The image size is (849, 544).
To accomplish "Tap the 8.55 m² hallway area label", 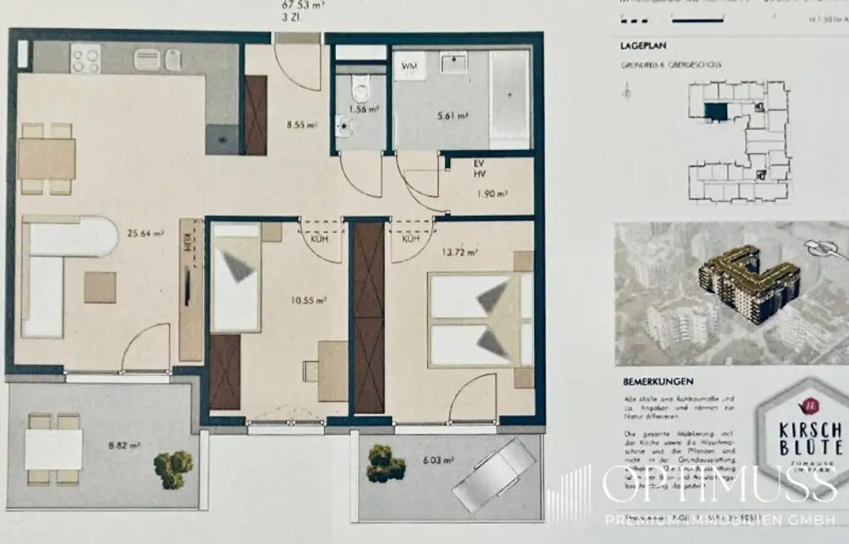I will (x=301, y=126).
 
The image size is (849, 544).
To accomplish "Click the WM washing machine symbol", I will (x=410, y=65).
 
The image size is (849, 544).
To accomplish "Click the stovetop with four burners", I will (x=85, y=58).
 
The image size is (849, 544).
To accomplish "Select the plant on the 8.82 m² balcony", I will (x=173, y=469).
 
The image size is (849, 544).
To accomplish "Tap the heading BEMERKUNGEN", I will (x=658, y=383).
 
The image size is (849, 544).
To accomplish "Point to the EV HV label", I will (x=480, y=170).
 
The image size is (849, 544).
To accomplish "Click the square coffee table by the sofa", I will (x=100, y=287).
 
